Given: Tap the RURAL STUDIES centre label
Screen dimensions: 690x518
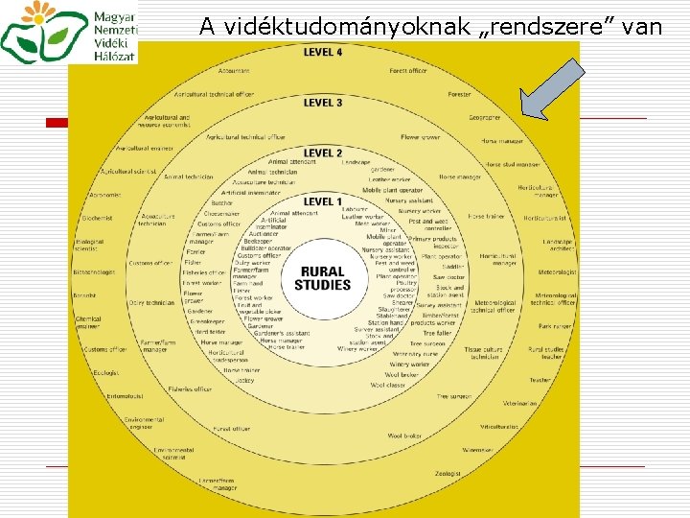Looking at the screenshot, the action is click(x=322, y=278).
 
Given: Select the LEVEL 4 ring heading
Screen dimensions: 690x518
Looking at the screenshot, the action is click(x=323, y=52).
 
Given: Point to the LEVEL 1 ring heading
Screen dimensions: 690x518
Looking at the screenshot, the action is click(x=323, y=201).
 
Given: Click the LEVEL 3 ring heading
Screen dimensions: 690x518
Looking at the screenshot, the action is click(x=323, y=103).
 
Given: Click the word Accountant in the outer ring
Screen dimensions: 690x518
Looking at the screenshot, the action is click(x=234, y=71).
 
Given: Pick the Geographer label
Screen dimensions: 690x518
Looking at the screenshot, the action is click(x=485, y=118).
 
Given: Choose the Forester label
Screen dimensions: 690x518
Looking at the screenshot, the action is click(x=459, y=95).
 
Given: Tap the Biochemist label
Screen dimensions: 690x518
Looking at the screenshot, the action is click(x=98, y=218).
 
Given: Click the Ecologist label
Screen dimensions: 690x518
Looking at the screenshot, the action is click(x=106, y=372).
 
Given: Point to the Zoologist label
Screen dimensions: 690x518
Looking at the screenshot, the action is click(x=448, y=473).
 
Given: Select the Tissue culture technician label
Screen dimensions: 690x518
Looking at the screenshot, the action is click(x=484, y=353).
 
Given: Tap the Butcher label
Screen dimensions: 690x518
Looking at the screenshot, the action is click(x=221, y=202).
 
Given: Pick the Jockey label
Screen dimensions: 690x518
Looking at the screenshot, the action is click(x=245, y=380).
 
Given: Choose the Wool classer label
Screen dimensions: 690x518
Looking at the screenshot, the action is click(x=388, y=385).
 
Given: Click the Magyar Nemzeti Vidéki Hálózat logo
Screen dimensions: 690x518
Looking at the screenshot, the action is click(x=69, y=32).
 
